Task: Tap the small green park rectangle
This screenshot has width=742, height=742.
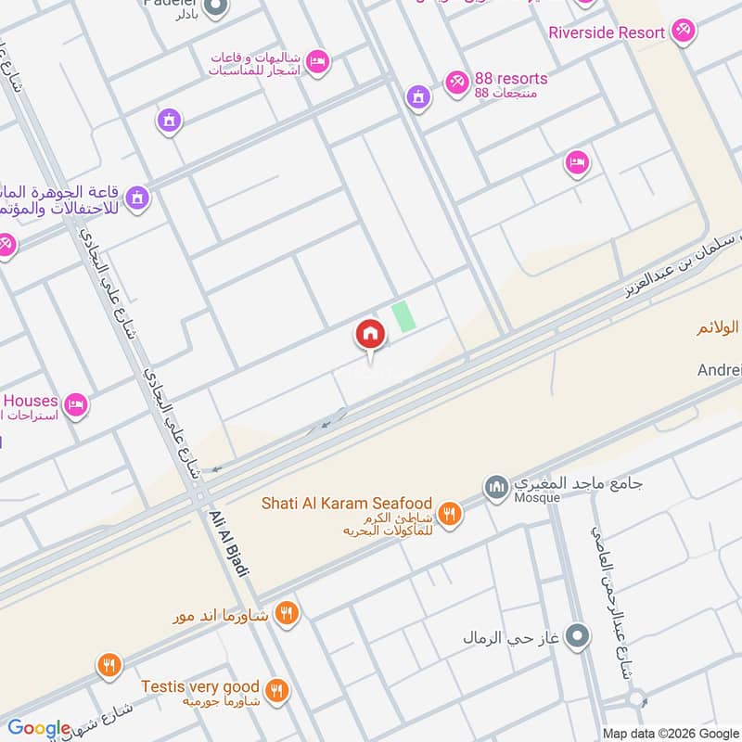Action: [x=403, y=316]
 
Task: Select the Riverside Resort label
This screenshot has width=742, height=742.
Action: [x=607, y=32]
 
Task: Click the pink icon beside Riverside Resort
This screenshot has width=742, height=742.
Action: [x=684, y=31]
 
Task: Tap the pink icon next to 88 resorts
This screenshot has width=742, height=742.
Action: [x=456, y=83]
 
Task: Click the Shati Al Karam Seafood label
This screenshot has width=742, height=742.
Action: [x=345, y=504]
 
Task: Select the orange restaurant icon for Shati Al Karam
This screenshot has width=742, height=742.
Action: [x=450, y=514]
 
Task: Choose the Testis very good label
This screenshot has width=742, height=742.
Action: [x=199, y=686]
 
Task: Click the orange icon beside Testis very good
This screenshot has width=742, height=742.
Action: [x=276, y=691]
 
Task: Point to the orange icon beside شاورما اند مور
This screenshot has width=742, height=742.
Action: [x=286, y=612]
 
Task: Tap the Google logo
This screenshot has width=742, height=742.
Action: [x=39, y=728]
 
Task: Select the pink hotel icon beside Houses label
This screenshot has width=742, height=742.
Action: [x=76, y=404]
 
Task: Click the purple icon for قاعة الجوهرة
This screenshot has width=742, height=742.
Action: [x=137, y=198]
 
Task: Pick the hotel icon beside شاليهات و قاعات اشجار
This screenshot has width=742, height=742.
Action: [x=317, y=62]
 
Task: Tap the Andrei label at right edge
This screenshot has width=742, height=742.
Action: [x=719, y=370]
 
